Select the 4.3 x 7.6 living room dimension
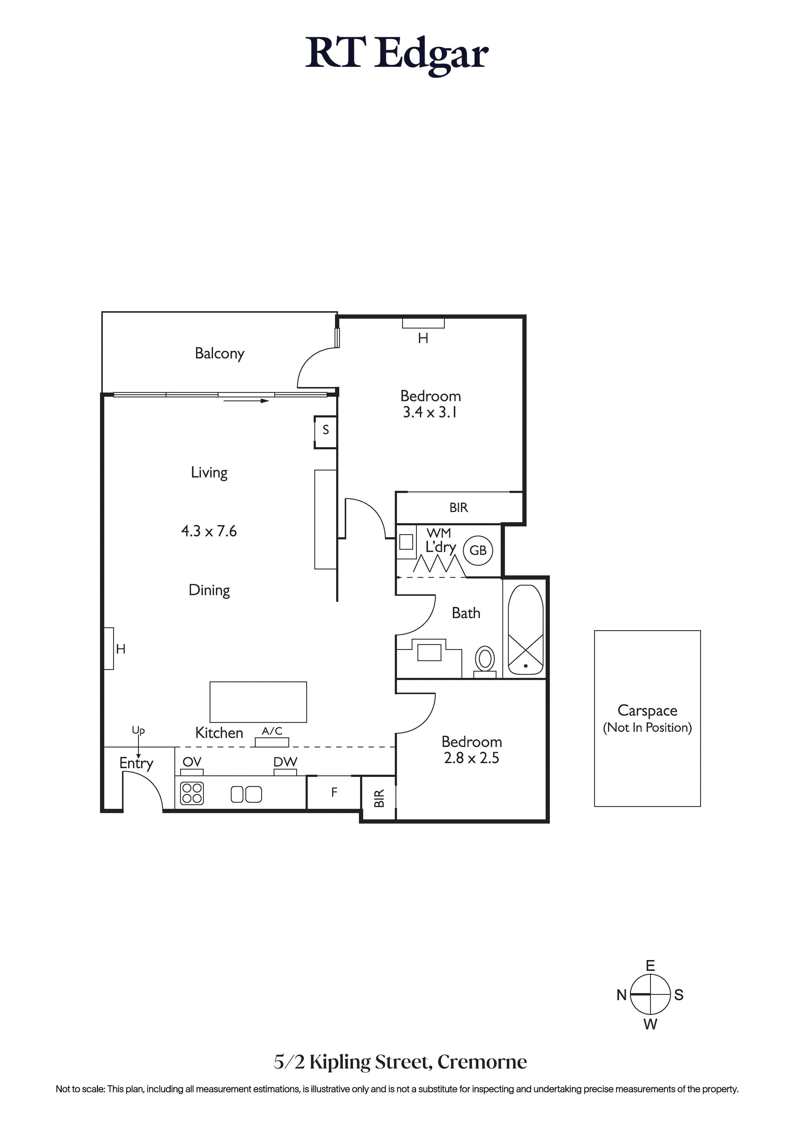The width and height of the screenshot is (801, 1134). click(x=209, y=531)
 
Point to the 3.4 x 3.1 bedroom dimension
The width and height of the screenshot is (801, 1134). click(x=430, y=412)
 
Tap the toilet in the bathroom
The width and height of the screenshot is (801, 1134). click(x=485, y=661)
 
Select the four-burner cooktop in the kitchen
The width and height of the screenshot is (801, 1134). click(x=192, y=793)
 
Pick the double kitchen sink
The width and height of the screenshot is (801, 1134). click(x=246, y=794)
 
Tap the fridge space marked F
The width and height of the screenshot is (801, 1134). click(x=334, y=792)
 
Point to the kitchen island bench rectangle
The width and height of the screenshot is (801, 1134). click(x=258, y=702)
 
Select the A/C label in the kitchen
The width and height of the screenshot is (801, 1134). click(x=272, y=731)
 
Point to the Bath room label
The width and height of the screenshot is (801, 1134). click(x=466, y=613)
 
